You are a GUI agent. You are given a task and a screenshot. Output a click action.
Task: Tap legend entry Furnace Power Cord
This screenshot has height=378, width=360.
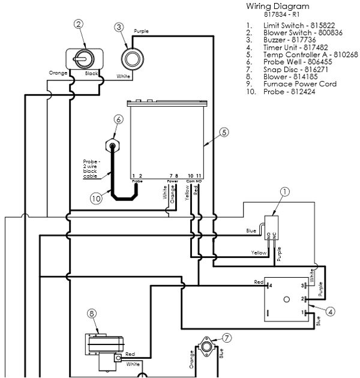point(298,84)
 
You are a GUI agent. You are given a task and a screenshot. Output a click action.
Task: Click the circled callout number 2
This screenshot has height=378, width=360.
point(78,25)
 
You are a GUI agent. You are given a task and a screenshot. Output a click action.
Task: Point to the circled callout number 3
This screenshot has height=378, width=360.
point(119,27)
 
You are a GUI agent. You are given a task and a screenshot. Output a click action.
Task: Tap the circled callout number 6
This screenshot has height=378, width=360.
point(119,119)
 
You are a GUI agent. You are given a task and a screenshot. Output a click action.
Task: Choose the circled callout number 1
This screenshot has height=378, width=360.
point(285,193)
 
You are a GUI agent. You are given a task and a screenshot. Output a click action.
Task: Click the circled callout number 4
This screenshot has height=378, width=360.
point(332,311)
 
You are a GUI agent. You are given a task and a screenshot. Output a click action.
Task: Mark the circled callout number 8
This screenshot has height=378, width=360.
point(92,313)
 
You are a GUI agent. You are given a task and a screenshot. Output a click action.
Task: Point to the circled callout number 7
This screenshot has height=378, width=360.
point(226,338)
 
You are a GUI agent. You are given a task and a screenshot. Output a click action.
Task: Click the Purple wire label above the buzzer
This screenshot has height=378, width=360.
point(142,31)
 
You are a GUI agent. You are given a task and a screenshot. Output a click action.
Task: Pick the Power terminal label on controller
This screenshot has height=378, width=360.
point(172,180)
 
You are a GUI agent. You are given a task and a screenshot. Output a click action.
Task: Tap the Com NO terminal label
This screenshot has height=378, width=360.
point(194,180)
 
